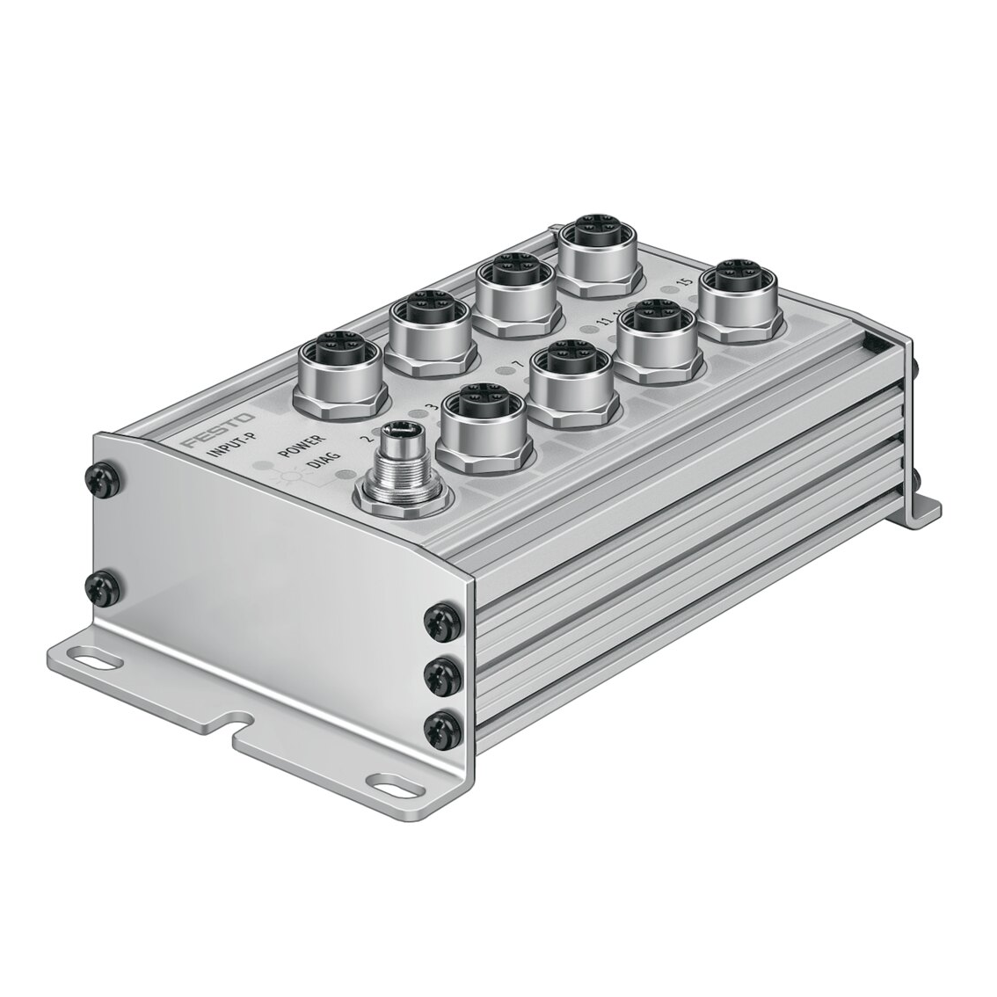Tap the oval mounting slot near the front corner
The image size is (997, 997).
click(x=391, y=780)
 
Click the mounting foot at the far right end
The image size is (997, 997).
click(x=921, y=505)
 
